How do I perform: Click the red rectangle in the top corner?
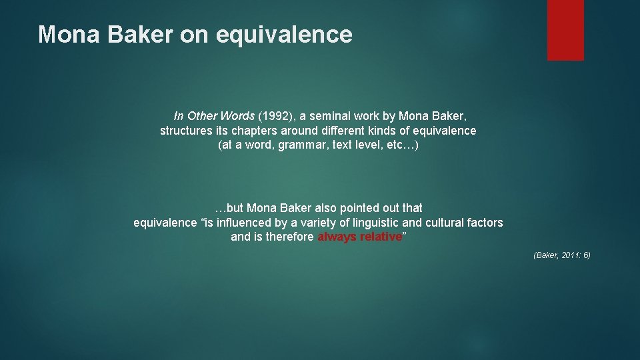pos(565,30)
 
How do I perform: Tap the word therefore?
pos(291,237)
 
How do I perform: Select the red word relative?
pos(381,237)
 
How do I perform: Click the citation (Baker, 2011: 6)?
pos(562,255)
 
